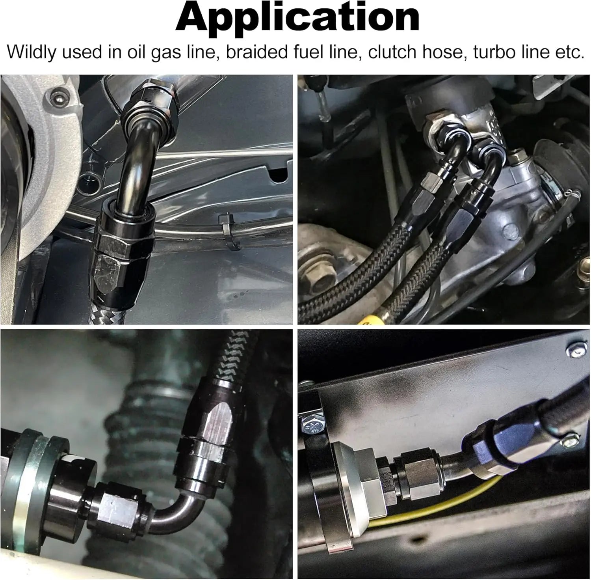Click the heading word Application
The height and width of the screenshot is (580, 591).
297,18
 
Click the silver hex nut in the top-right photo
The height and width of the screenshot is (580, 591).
438,132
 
